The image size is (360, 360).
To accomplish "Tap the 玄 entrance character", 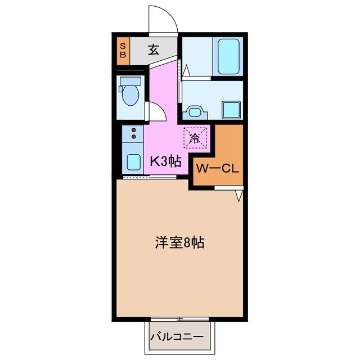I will (x=153, y=50).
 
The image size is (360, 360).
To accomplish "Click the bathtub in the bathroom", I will (x=229, y=56).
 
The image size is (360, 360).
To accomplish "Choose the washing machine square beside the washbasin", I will (x=231, y=108).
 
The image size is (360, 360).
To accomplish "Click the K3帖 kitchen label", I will (x=165, y=161).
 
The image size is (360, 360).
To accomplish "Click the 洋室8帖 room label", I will (x=179, y=243).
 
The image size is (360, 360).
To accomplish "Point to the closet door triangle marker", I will (x=239, y=196).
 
